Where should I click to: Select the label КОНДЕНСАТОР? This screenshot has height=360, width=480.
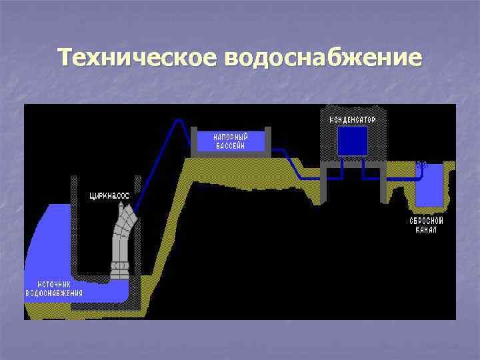352,120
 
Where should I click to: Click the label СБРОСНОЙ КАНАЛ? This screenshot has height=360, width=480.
427,225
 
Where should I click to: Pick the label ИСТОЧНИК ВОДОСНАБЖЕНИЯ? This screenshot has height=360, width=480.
54,288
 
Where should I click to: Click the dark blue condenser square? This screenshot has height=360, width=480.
352,141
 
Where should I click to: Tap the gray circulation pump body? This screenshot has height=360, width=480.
121,233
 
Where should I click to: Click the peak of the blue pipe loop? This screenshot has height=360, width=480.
178,121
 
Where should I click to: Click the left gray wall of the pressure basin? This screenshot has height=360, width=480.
193,141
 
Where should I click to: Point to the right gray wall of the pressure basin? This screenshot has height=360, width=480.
267,141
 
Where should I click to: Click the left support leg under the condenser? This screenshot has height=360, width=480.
323,183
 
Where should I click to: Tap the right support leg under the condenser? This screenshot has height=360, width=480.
383,183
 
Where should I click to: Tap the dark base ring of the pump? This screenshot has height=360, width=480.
121,269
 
